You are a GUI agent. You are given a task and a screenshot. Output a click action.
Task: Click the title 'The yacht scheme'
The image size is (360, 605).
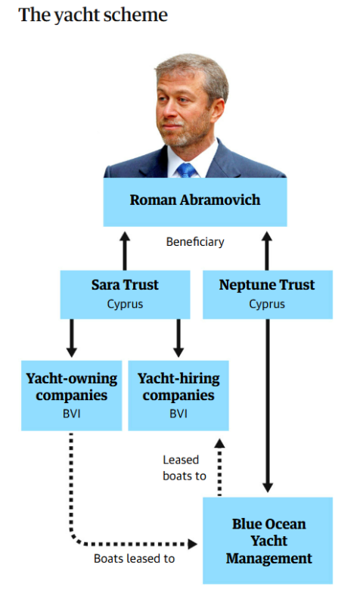point(93,15)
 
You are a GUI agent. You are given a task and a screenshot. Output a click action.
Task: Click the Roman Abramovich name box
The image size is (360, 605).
point(195,201)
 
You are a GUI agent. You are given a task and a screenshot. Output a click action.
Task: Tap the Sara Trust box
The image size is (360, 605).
point(125,294)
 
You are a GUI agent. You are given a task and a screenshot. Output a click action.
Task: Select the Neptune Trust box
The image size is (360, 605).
point(268,294)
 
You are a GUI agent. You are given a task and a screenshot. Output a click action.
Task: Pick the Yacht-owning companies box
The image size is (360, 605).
point(71,396)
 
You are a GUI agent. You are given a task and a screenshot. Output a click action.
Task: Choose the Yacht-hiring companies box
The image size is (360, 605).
point(178,396)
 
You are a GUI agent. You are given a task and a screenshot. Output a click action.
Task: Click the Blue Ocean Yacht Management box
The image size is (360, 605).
point(268,541)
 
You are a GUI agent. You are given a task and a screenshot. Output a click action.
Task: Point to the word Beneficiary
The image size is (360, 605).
point(195,242)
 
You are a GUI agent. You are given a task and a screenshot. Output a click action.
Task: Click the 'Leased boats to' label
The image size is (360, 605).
point(185,468)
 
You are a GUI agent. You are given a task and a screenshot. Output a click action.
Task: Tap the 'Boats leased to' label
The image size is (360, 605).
point(135,558)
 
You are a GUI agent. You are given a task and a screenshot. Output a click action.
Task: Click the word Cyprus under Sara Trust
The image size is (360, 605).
point(125,305)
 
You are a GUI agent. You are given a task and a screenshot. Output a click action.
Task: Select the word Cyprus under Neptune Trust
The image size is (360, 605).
point(267,305)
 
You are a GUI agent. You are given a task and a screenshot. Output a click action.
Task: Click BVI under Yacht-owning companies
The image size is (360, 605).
point(71,414)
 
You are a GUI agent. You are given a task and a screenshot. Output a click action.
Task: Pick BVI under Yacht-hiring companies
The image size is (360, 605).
point(178,414)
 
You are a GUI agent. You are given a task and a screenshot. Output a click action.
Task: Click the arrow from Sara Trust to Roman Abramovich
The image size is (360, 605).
point(125,251)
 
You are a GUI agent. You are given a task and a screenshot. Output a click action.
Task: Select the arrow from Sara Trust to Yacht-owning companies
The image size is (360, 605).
point(71,338)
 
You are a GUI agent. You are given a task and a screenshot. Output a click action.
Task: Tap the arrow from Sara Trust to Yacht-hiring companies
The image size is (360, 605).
point(178,338)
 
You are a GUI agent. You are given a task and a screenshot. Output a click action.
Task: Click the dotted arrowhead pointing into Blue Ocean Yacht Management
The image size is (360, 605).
point(192,544)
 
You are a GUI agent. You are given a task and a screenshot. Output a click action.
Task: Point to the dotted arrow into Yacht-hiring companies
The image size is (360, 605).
point(219,467)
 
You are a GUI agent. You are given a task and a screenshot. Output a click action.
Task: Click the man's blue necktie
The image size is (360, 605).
point(187,170)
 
